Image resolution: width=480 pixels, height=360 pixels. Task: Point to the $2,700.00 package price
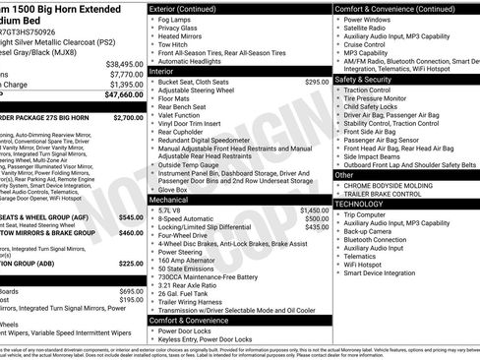point(128,117)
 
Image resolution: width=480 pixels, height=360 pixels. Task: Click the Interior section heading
point(161,71)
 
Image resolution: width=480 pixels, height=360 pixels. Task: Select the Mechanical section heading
point(168,199)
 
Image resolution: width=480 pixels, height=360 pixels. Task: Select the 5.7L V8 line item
point(170,210)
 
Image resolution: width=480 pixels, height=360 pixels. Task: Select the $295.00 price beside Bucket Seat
point(317,82)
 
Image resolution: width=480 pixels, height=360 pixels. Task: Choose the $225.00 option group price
point(131,264)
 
